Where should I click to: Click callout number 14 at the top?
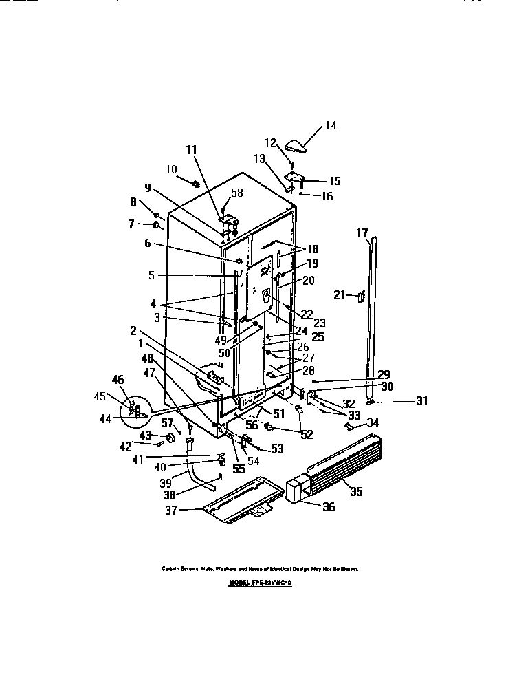[x=331, y=126]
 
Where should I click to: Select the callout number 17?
[x=362, y=233]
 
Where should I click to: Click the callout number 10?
[x=172, y=169]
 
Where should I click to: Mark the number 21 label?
[x=338, y=294]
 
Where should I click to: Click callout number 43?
[x=146, y=436]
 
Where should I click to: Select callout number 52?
[x=306, y=434]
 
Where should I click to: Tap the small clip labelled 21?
[x=360, y=296]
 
